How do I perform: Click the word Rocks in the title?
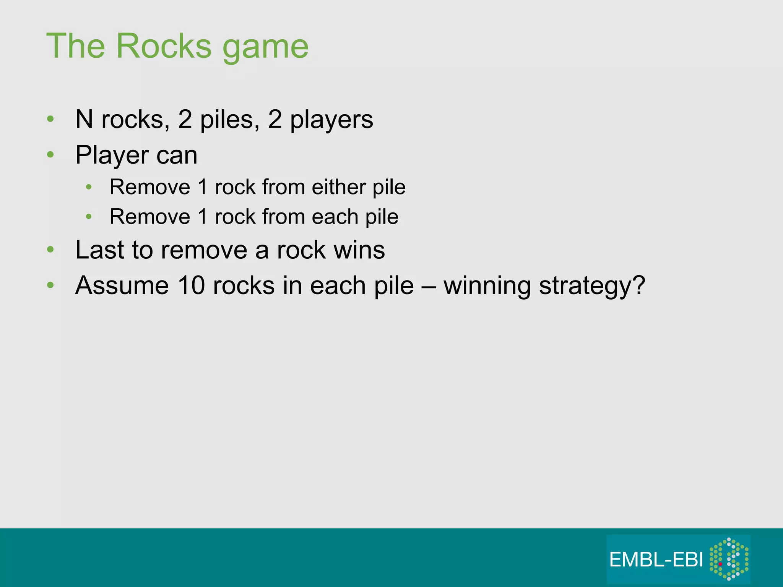coord(164,46)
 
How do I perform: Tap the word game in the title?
coord(265,48)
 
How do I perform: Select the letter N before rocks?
coord(84,119)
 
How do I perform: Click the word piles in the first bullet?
coord(227,120)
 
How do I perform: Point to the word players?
coord(331,120)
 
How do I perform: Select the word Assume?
coord(122,285)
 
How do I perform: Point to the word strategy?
coord(592,286)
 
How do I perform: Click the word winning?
coord(487,286)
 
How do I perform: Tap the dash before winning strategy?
coord(428,286)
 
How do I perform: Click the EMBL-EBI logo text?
coord(656,560)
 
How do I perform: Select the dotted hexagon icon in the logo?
coord(729,559)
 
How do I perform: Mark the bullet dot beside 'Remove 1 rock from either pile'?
coord(89,187)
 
